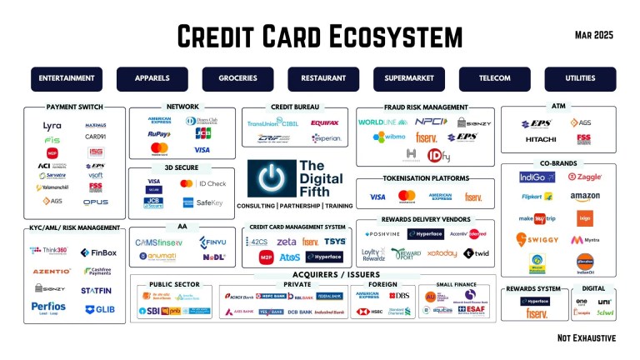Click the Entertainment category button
coord(67,78)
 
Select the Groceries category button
coord(237,78)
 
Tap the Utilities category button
coord(580,78)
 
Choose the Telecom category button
coord(494,78)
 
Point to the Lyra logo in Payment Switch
coord(52,126)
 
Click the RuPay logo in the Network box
coord(159,133)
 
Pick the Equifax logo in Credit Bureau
coord(324,122)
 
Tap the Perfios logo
coord(49,307)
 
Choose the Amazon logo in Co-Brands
coord(585,197)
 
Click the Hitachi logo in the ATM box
coord(540,139)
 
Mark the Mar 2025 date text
coord(594,34)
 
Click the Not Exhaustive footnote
coord(587,337)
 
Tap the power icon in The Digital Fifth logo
coord(272,179)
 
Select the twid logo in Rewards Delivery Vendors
coord(476,253)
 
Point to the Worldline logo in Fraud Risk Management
coord(382,122)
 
